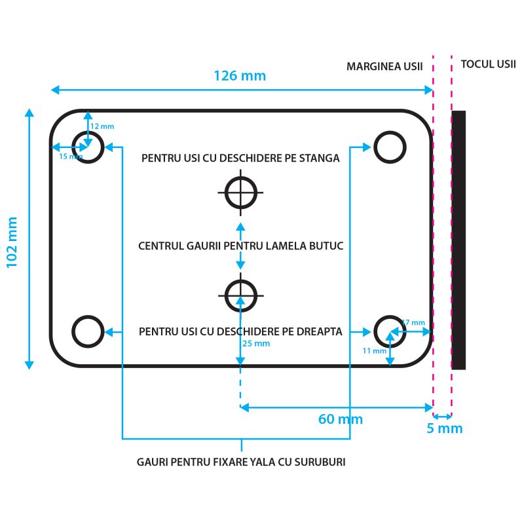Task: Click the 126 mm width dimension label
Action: (x=240, y=75)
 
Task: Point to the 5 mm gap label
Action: (x=445, y=429)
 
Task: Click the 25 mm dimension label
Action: (x=256, y=343)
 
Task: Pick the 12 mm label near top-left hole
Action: (x=102, y=126)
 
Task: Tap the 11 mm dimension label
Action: (x=374, y=350)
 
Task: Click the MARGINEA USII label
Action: (x=384, y=67)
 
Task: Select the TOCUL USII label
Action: (x=489, y=64)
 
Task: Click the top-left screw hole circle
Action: (x=88, y=147)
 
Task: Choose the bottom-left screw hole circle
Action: (x=88, y=331)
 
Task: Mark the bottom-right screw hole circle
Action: (x=390, y=331)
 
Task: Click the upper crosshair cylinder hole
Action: (x=240, y=193)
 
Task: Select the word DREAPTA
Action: (x=319, y=331)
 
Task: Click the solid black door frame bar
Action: (x=458, y=240)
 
